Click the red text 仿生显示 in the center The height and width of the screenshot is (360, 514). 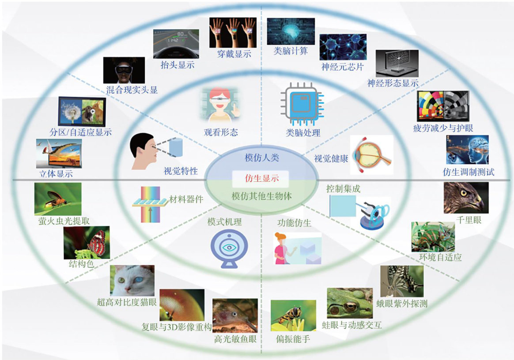click(261, 178)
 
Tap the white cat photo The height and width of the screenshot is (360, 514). click(132, 281)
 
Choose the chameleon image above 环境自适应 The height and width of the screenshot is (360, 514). click(433, 237)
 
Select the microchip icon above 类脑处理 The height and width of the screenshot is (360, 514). click(303, 105)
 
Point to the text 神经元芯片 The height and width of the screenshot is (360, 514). click(343, 67)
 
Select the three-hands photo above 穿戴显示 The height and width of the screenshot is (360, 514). click(232, 32)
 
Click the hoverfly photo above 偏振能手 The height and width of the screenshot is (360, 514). click(293, 315)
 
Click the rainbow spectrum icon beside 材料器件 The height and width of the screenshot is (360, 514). click(150, 203)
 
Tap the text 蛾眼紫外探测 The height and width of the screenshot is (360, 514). click(402, 304)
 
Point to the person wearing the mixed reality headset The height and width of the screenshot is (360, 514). click(124, 71)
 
